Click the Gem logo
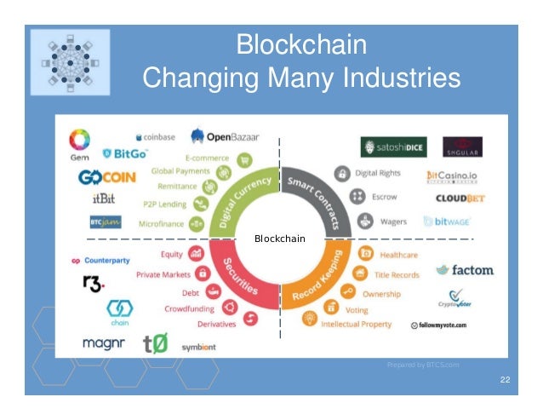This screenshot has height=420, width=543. [x=79, y=143]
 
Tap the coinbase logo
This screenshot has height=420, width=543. [x=155, y=136]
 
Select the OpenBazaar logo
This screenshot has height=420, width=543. [x=226, y=136]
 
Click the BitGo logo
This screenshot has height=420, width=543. [x=125, y=154]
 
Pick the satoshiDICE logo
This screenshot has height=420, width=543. [x=393, y=147]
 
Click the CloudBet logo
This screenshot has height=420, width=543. [x=460, y=198]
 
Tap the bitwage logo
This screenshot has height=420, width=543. [x=446, y=222]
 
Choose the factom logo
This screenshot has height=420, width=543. [x=465, y=270]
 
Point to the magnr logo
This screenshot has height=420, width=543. [x=104, y=343]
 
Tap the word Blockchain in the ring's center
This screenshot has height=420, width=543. [x=279, y=239]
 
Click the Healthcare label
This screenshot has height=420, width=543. [x=398, y=255]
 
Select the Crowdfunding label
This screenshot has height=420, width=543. [x=188, y=308]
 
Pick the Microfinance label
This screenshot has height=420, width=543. [x=161, y=224]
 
